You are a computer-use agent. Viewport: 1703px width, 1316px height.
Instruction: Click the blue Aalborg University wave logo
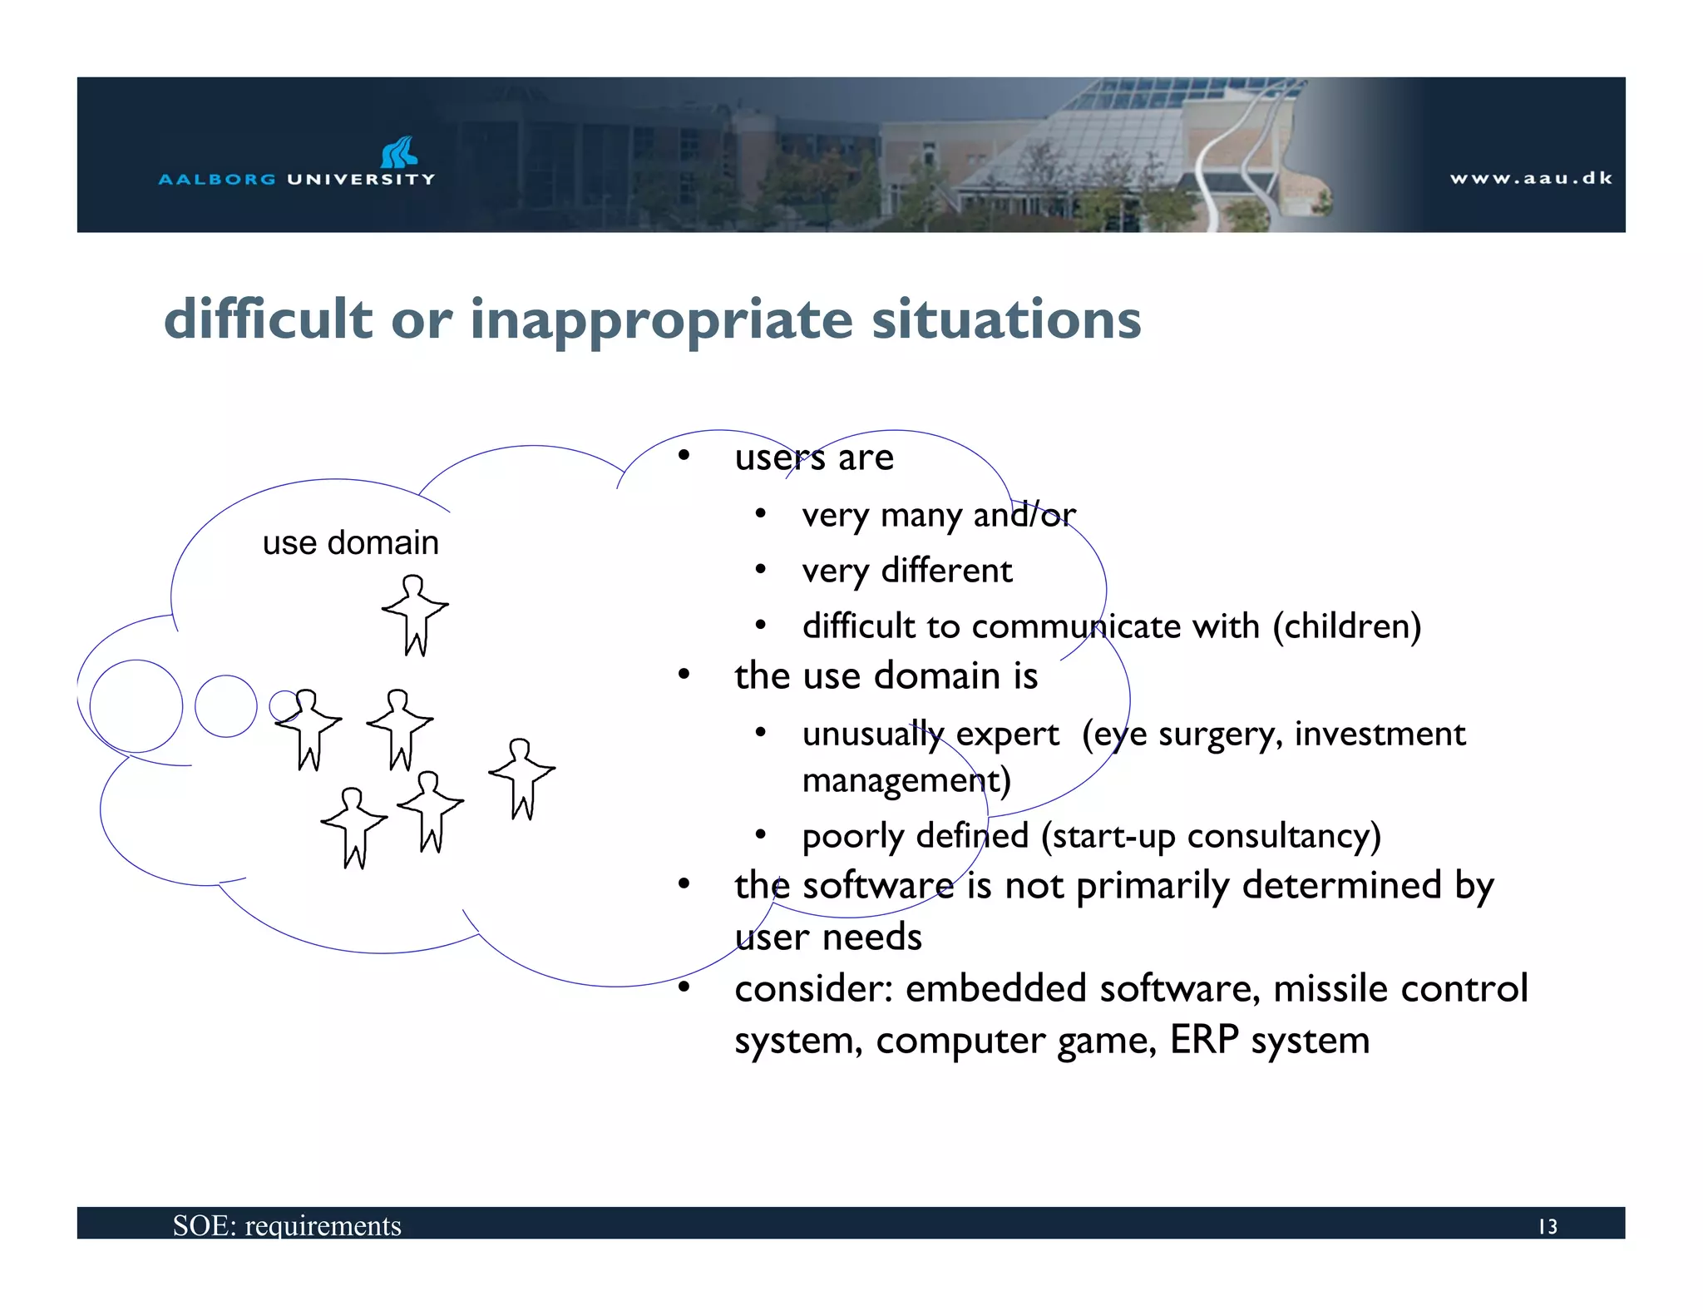tap(399, 152)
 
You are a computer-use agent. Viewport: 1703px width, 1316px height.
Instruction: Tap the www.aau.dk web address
tap(1531, 178)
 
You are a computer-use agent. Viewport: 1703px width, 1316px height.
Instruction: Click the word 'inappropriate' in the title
tap(661, 319)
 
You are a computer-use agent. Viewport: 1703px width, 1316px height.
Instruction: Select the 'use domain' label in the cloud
tap(350, 542)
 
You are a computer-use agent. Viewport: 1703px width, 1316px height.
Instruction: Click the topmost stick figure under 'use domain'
tap(415, 614)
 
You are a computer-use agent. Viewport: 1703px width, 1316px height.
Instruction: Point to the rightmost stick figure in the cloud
tap(521, 778)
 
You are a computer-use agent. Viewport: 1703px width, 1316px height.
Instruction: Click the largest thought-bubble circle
tap(136, 706)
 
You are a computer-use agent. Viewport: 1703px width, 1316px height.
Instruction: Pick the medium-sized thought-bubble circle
tap(226, 706)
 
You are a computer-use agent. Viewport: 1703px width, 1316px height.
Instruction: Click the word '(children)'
tap(1346, 626)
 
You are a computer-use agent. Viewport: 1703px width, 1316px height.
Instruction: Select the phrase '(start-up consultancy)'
tap(1211, 836)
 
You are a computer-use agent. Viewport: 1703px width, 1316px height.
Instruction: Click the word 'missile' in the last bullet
tap(1321, 989)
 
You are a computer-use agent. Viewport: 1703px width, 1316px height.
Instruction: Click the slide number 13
tap(1547, 1226)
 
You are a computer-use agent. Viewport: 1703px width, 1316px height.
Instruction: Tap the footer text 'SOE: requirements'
tap(287, 1225)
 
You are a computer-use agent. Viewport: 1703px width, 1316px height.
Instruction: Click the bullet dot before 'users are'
tap(684, 456)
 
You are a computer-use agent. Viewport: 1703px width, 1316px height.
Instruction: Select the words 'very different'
tap(906, 571)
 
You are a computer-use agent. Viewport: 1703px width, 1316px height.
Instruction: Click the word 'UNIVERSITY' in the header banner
tap(361, 179)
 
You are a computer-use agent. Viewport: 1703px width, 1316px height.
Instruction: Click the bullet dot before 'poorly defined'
tap(760, 834)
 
